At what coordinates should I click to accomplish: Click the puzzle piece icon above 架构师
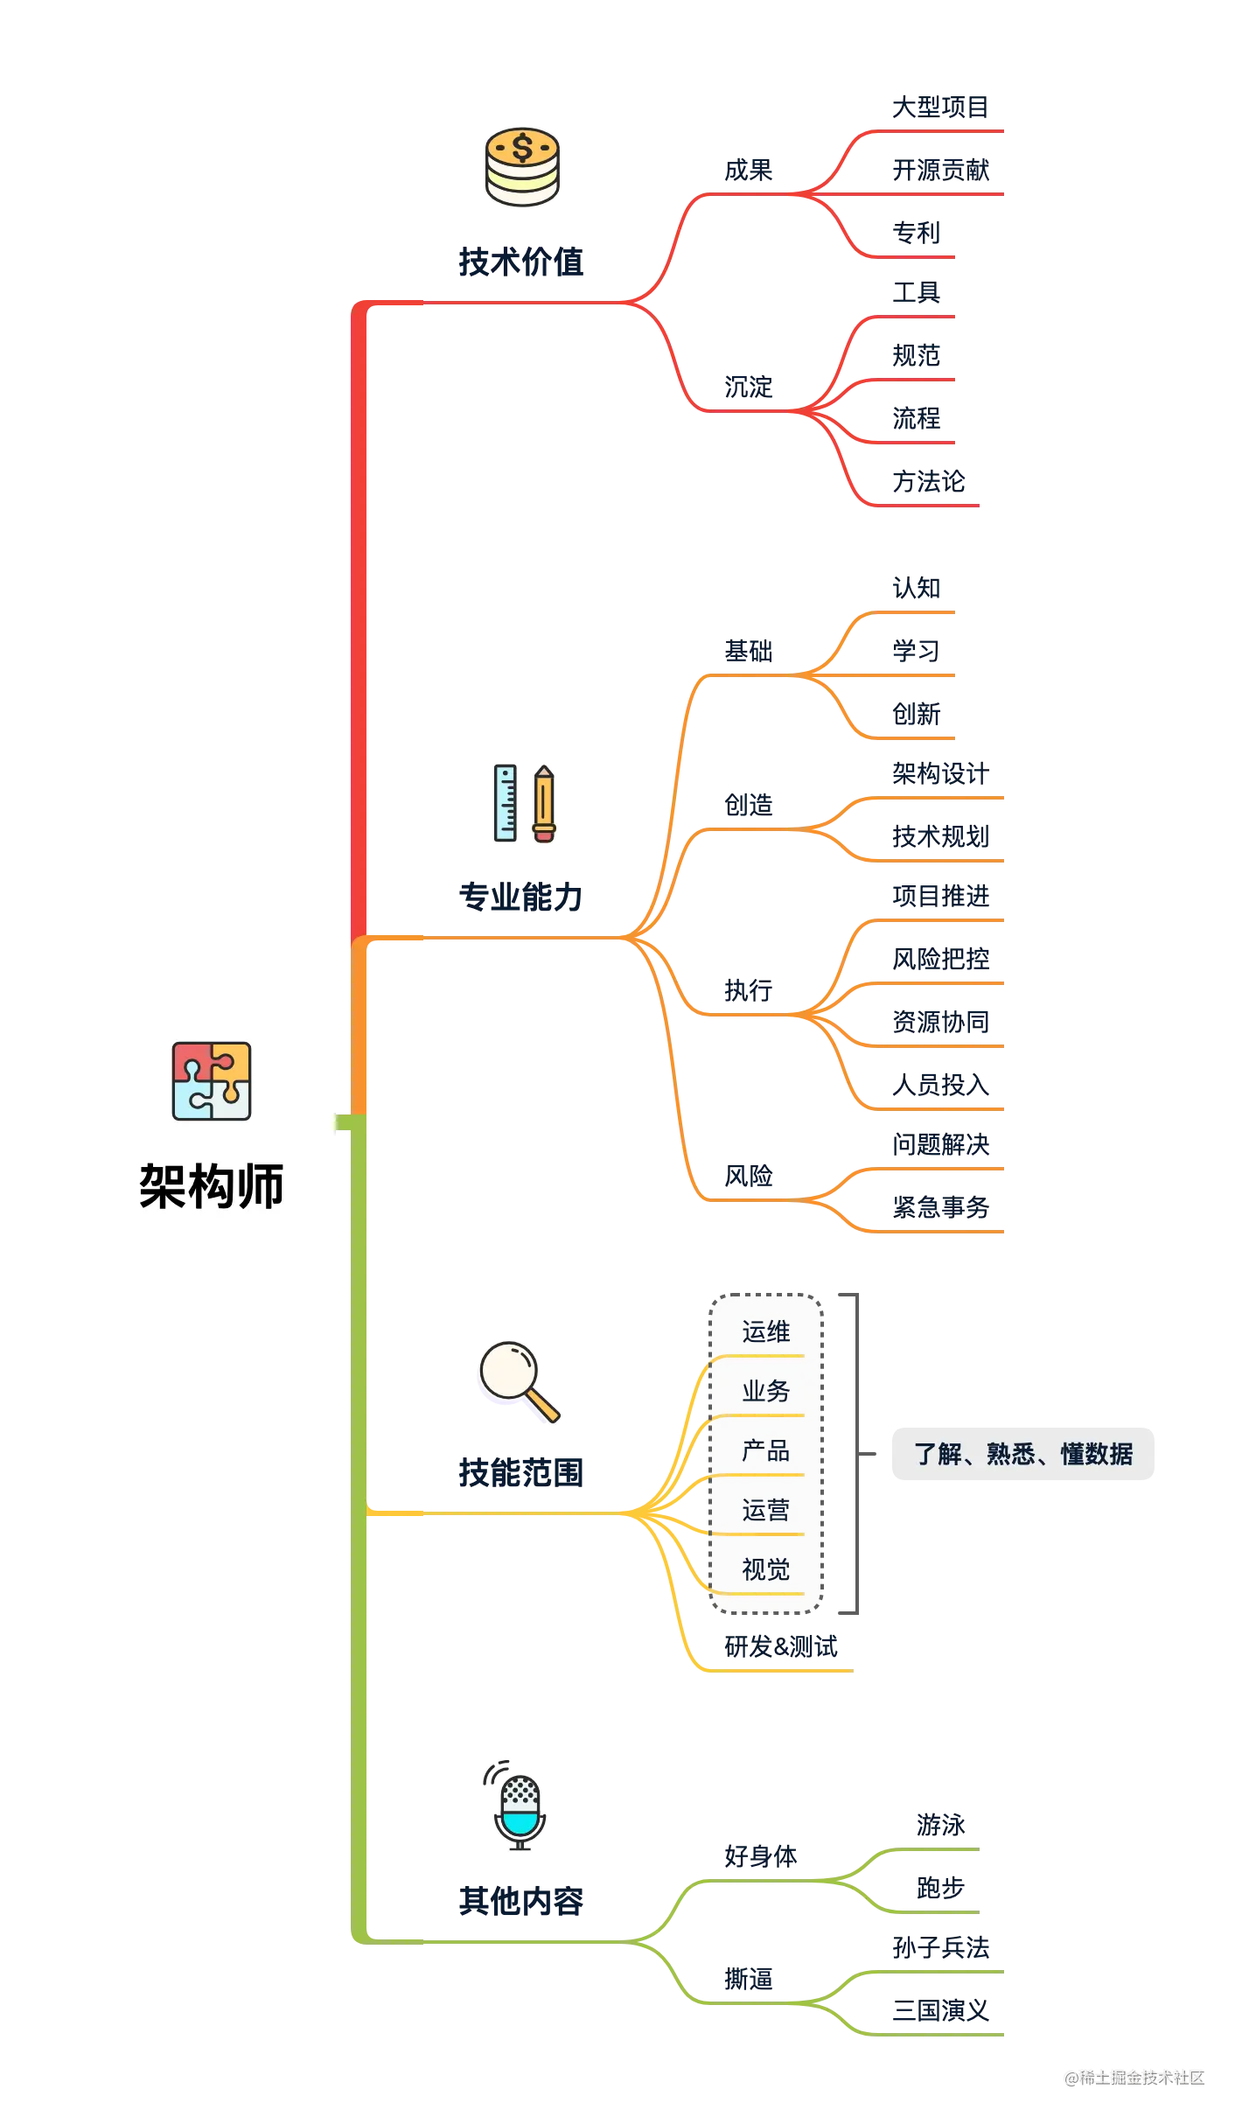(212, 1081)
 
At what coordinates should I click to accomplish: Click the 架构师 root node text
(212, 1187)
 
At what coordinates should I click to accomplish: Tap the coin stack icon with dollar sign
(522, 166)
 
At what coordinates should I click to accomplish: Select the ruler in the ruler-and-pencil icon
(506, 802)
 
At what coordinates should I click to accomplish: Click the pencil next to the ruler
(544, 804)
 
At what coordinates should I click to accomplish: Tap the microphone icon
(520, 1806)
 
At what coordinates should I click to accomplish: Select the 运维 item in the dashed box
(765, 1332)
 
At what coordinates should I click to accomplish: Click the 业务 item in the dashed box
(765, 1391)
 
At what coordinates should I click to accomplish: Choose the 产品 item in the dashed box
(765, 1451)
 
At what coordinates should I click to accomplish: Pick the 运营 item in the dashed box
(765, 1511)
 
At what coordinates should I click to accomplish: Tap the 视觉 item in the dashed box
(765, 1570)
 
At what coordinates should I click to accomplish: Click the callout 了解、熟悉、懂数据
(1022, 1455)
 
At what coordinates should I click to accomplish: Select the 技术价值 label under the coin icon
(521, 262)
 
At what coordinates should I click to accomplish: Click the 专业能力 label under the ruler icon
(520, 898)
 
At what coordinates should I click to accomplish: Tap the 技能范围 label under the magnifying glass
(521, 1474)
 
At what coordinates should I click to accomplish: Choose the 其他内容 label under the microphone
(521, 1900)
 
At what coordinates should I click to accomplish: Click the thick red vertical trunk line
(359, 612)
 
